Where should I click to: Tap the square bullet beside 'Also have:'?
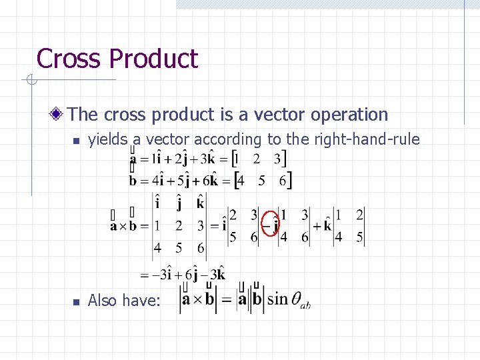click(76, 301)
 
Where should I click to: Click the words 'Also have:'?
click(124, 301)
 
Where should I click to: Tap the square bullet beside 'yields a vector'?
click(76, 141)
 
